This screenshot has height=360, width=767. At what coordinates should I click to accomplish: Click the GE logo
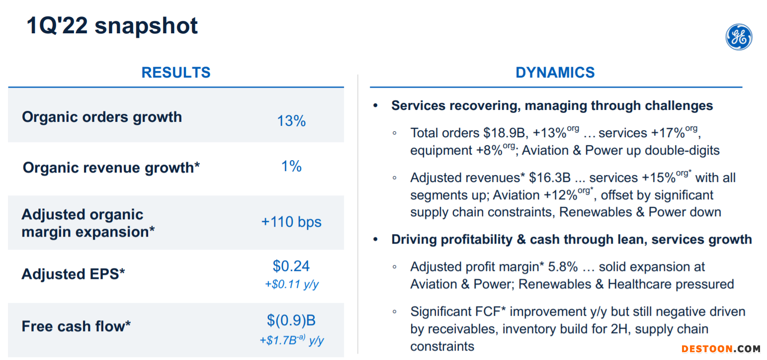click(x=739, y=37)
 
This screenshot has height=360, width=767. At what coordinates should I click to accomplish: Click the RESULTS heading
click(x=176, y=73)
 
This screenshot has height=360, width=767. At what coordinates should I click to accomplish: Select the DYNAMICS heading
click(x=555, y=73)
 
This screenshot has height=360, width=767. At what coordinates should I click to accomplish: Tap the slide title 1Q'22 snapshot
click(x=112, y=26)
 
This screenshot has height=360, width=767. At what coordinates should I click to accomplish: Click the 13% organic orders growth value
click(x=291, y=121)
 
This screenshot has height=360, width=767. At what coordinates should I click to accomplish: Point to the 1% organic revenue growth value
click(x=291, y=167)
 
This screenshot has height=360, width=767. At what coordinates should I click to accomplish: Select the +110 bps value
click(x=291, y=222)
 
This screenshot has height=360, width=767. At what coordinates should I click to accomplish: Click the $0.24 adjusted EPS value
click(x=291, y=266)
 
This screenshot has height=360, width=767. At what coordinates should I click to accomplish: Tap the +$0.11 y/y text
click(x=292, y=284)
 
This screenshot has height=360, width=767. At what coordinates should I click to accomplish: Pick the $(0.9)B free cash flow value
click(x=291, y=320)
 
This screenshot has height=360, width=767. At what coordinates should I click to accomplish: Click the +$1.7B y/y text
click(x=291, y=340)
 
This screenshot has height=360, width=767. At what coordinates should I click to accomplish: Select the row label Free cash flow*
click(x=76, y=326)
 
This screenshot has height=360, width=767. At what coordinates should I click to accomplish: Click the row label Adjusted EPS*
click(x=73, y=274)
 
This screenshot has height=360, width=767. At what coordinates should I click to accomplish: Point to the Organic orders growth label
click(x=102, y=117)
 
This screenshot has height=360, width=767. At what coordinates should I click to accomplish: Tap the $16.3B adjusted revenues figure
click(x=550, y=178)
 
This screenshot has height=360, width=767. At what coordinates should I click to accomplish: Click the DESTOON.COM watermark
click(x=720, y=349)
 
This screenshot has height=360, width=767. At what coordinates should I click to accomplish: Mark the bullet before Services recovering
click(x=376, y=106)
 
